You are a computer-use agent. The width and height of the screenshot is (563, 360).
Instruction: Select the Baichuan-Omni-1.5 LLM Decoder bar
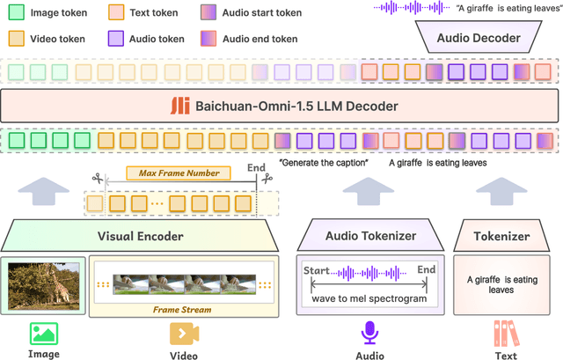point(281,107)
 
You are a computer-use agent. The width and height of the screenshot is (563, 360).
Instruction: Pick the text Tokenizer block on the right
point(502,236)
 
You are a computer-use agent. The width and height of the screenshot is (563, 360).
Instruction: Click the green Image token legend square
point(15,13)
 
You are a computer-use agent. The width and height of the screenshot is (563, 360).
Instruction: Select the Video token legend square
point(15,39)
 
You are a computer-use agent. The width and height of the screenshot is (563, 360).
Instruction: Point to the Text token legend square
point(116,13)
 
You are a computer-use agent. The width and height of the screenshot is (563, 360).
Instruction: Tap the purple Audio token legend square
point(116,39)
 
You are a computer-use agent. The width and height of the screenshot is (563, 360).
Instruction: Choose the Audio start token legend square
point(208,13)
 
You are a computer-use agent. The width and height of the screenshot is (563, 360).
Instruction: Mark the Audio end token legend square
point(208,39)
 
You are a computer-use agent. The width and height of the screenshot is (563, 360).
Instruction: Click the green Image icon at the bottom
point(44,333)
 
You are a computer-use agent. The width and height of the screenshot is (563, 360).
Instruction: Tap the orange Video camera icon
point(182,333)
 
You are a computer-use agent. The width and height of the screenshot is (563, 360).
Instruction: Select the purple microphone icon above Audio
point(369,333)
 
